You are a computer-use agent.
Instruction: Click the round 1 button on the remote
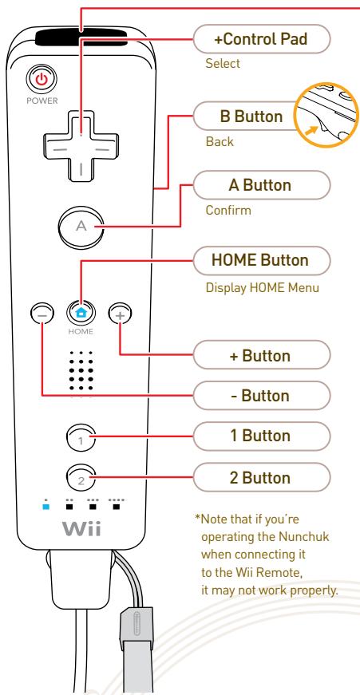point(81,437)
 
